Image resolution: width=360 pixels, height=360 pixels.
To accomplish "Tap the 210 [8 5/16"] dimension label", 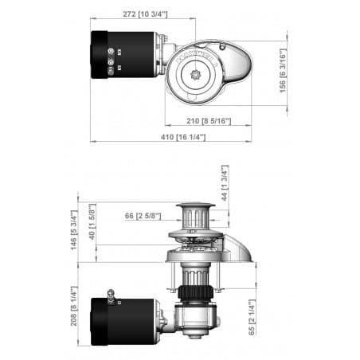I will pos(209,121).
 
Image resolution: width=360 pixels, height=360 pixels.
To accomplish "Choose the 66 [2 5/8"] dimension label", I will pos(143,215).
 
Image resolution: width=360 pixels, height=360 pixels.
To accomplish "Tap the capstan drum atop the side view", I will pos(195,215).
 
